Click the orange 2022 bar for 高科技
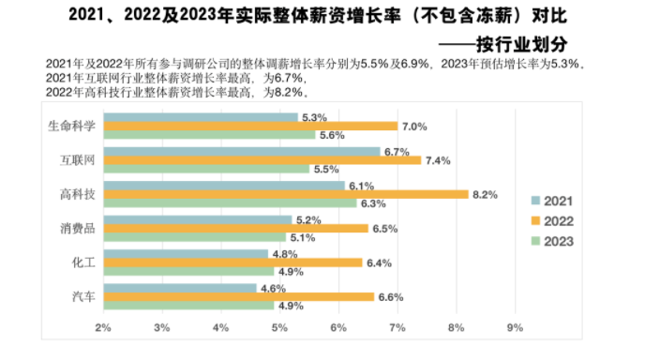(x=286, y=194)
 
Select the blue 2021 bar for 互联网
(x=242, y=151)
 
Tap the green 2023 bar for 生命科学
(x=210, y=135)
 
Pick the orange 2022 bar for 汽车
(x=239, y=296)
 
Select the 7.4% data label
(x=437, y=160)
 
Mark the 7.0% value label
(x=413, y=126)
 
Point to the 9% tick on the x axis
(x=514, y=327)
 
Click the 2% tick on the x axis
(x=103, y=327)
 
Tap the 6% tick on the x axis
(x=338, y=327)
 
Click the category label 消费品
(x=76, y=228)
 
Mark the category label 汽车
(x=82, y=296)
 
